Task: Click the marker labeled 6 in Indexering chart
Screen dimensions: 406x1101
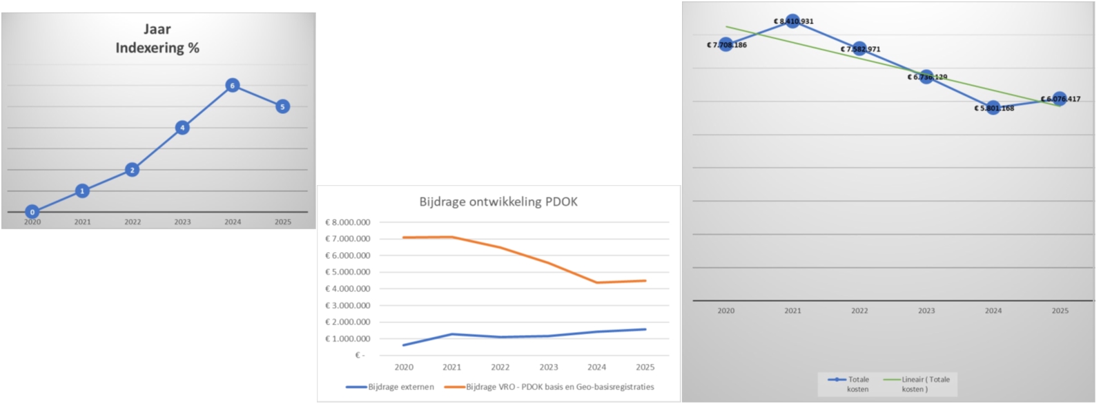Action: [x=233, y=86]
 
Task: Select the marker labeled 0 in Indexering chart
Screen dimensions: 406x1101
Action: [x=32, y=212]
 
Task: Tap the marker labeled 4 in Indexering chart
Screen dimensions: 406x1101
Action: [x=182, y=128]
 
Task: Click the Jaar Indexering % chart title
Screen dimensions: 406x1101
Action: [x=157, y=39]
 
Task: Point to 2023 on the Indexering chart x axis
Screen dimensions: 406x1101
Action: [x=182, y=222]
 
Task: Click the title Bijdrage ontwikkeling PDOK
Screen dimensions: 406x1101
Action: [x=498, y=202]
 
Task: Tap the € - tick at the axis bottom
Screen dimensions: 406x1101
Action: [x=360, y=355]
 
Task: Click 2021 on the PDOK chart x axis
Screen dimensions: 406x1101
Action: [x=452, y=367]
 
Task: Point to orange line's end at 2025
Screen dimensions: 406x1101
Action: [x=645, y=281]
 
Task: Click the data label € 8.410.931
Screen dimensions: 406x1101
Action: [x=793, y=21]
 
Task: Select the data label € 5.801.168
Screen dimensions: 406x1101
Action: [x=994, y=108]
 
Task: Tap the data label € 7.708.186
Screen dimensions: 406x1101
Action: [x=726, y=45]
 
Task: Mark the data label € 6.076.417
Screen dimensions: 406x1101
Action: [x=1060, y=99]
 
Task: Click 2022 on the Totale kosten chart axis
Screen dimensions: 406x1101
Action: [x=859, y=311]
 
